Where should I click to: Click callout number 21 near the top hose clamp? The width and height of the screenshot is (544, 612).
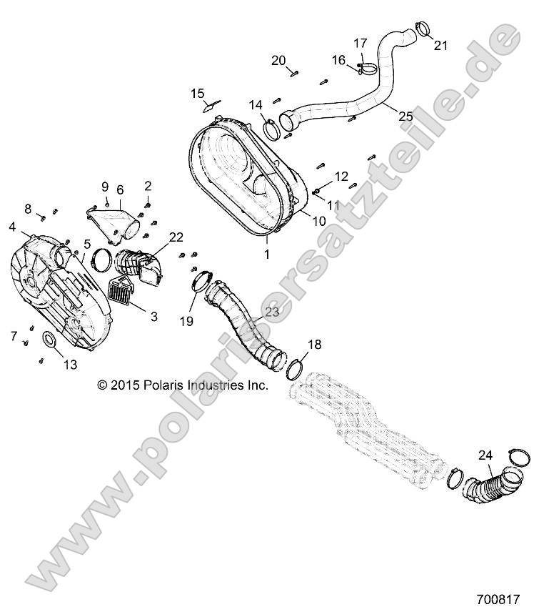pos(440,46)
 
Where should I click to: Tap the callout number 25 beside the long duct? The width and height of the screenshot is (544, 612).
pos(405,115)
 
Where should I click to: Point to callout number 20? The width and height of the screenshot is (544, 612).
pos(278,59)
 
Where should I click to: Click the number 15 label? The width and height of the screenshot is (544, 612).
pos(197,93)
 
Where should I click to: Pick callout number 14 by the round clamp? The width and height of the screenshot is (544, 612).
pos(256,105)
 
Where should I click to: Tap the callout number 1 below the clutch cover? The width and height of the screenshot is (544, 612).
pos(267,253)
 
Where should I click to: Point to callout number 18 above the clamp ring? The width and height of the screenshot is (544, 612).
pos(314,345)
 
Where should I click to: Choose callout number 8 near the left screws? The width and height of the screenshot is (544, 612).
pos(29,209)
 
